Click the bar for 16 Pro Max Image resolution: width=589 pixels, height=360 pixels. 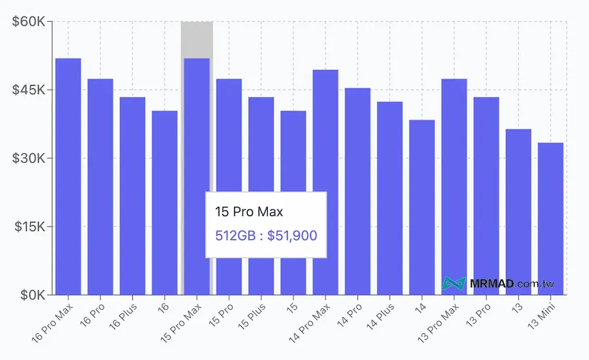(x=68, y=177)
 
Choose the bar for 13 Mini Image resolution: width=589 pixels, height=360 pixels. (x=550, y=219)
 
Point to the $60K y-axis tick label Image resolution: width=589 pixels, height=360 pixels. (x=29, y=22)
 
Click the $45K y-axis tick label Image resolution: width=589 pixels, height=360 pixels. (x=29, y=90)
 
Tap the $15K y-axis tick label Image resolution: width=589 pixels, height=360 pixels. (x=29, y=227)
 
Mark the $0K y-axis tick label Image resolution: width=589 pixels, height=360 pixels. (x=32, y=295)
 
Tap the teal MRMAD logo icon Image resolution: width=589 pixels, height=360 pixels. (x=454, y=284)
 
